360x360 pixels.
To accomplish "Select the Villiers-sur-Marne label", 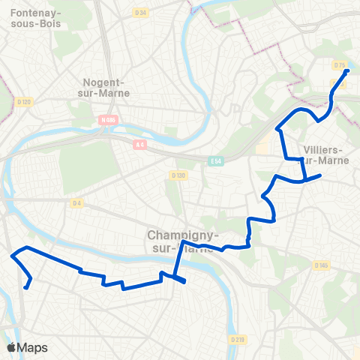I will click(325, 154).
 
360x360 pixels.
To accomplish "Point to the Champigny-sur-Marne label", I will click(181, 241).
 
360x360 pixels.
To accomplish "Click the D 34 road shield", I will click(139, 13).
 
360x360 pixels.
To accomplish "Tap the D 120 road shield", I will click(24, 102).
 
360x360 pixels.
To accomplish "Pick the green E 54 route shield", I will click(216, 161).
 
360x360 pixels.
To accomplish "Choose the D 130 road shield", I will click(178, 175).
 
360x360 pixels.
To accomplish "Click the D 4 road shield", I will click(76, 202).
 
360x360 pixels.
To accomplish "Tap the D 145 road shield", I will click(322, 265).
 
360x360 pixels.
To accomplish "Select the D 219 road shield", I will click(238, 340).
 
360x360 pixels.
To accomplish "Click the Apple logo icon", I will click(12, 347).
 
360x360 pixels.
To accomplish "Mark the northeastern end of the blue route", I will click(347, 71).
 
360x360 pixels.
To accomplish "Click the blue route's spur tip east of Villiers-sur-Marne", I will click(320, 175).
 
